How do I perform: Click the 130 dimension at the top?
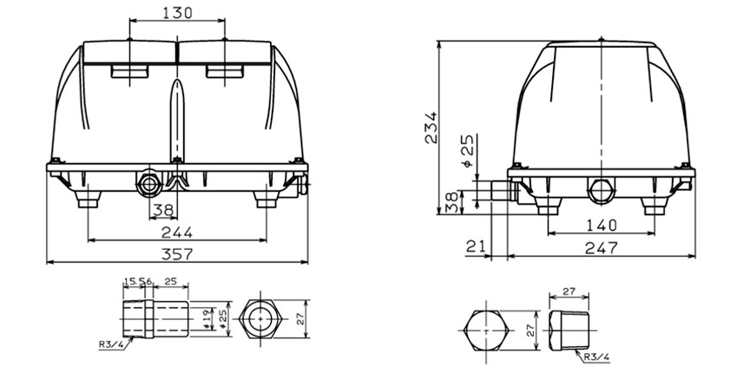click(x=177, y=12)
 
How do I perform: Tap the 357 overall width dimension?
click(x=177, y=253)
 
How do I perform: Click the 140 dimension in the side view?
click(x=600, y=225)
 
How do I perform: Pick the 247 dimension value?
click(x=600, y=247)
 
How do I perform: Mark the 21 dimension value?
click(x=474, y=247)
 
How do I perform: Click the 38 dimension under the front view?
click(x=162, y=209)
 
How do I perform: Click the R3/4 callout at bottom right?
click(x=594, y=355)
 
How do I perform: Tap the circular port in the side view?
click(x=600, y=188)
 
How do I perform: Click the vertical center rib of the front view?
click(x=177, y=121)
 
